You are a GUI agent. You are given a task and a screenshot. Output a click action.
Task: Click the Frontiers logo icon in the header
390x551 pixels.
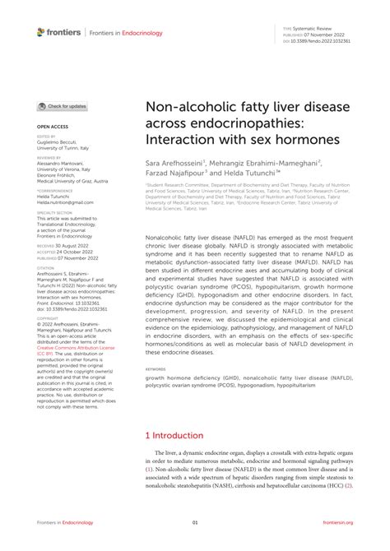click(41, 32)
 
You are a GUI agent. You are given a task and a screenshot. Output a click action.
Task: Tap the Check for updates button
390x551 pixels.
click(63, 107)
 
